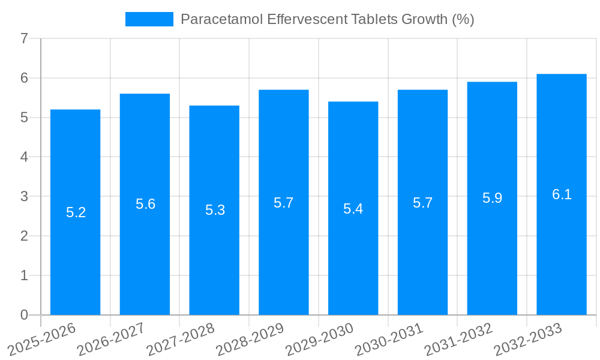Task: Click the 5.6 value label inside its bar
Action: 145,204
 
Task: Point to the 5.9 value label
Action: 492,198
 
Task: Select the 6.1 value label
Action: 562,194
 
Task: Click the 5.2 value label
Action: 76,212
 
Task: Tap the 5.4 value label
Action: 353,209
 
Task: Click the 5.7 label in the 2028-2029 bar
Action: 283,203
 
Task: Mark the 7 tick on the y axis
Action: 24,39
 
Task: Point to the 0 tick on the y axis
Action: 24,315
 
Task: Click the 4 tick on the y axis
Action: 24,157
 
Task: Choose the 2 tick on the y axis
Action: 24,236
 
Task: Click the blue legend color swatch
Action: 149,19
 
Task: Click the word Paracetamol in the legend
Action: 221,19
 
